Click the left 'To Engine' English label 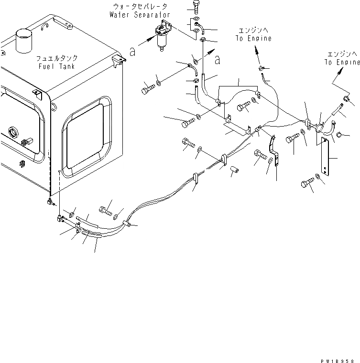(254, 39)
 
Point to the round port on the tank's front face (12, 131)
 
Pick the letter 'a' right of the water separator (218, 60)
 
